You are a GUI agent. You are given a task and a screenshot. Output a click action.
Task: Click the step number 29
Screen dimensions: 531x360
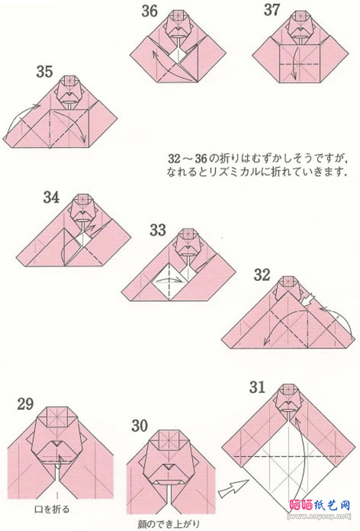point(25,404)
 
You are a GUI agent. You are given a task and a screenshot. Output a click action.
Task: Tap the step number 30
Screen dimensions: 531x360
point(140,426)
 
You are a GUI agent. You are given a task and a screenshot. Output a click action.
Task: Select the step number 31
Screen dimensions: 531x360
point(257,388)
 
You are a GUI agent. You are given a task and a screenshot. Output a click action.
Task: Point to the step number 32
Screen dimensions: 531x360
point(262,276)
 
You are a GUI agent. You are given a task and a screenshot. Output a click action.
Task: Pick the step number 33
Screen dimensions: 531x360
point(158,230)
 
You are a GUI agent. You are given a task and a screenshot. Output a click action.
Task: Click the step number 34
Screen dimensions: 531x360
point(51,197)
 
